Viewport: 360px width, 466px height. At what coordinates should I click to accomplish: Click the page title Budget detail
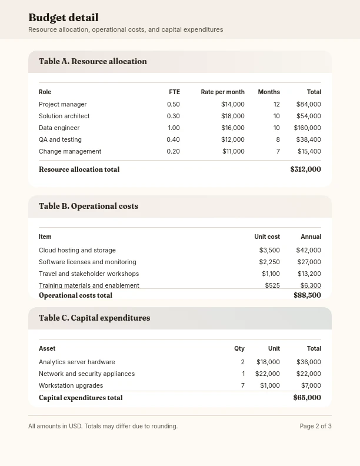coord(63,18)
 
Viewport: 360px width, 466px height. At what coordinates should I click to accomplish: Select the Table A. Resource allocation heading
coord(93,61)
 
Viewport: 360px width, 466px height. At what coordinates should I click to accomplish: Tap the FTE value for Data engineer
coord(174,128)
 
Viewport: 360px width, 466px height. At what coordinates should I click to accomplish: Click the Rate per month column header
coord(222,92)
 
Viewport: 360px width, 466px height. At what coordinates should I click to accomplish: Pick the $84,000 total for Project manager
coord(308,104)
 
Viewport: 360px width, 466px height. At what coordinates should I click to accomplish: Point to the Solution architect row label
coord(64,116)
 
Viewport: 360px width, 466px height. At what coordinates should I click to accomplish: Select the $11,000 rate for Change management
coord(233,151)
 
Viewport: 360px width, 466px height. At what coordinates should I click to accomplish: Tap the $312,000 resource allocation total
coord(305,169)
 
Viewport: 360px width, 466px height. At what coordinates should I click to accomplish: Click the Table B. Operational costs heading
coord(88,206)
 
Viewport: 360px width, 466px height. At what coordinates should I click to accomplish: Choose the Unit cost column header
coord(266,237)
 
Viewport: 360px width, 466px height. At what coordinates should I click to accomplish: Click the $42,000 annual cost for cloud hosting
coord(309,250)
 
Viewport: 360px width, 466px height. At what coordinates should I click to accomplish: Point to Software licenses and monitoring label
coord(87,262)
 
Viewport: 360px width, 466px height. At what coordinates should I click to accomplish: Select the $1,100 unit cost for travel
coord(271,274)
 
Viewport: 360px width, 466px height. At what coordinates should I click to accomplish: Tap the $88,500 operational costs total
coord(307,295)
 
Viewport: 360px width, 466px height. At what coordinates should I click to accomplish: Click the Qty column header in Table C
coord(239,348)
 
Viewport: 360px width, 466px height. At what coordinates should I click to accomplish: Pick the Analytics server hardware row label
coord(76,362)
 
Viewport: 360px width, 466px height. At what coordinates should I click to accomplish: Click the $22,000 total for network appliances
coord(308,374)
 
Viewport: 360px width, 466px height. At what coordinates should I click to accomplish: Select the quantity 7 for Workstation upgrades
coord(242,385)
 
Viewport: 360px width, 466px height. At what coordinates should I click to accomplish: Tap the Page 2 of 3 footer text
coord(315,426)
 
